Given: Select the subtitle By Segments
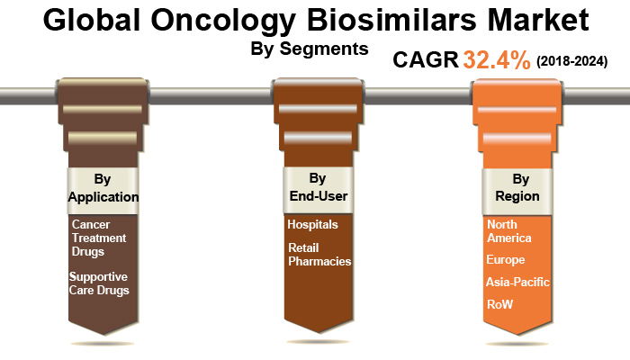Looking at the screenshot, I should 309,49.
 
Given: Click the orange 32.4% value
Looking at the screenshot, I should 497,60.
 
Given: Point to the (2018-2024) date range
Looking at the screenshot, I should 572,61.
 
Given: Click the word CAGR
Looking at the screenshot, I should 426,60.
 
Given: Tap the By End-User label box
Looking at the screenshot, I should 317,188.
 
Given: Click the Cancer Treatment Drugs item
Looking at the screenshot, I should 99,238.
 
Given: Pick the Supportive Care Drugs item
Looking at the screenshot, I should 99,283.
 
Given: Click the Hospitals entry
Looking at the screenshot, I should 312,224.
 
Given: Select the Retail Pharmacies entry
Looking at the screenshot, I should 318,254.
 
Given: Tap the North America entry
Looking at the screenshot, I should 508,231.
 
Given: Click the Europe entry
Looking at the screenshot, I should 505,260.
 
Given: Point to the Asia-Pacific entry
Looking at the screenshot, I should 517,282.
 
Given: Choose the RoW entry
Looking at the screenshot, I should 499,304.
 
